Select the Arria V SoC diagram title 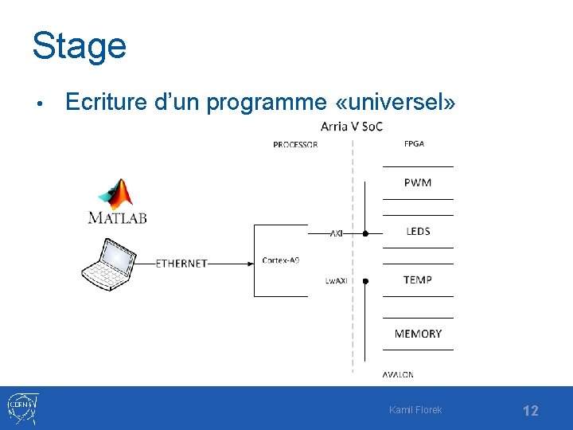(351, 127)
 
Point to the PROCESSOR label (295, 144)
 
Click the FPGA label (414, 144)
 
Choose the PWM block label (418, 182)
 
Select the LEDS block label (418, 231)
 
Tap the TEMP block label (418, 279)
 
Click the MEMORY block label (418, 333)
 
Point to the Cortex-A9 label (281, 260)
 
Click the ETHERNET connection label (181, 263)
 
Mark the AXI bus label (336, 234)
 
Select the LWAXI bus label (335, 280)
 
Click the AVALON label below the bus (398, 374)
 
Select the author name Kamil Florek (415, 410)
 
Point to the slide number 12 (530, 411)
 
